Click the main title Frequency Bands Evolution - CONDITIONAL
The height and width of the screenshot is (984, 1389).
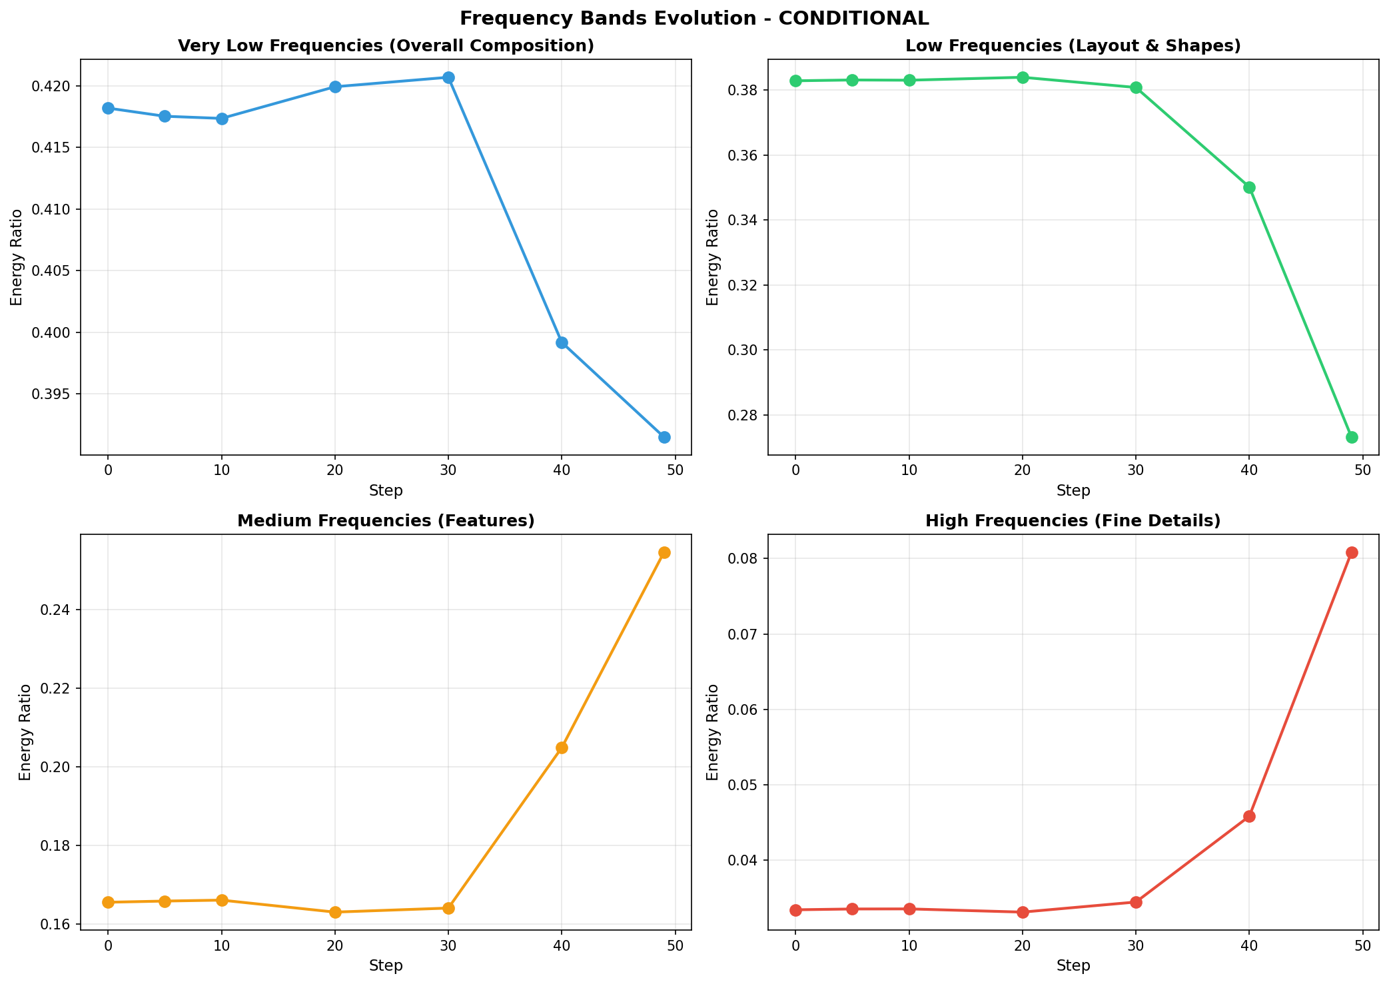tap(694, 18)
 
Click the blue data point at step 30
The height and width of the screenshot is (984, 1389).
tap(448, 77)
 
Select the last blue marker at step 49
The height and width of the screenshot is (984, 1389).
tap(664, 437)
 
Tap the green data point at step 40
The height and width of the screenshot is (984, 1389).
tap(1249, 187)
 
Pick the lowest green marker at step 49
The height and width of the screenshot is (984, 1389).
tap(1352, 437)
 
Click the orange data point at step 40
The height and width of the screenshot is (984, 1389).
tap(562, 747)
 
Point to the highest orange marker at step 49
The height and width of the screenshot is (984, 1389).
tap(664, 552)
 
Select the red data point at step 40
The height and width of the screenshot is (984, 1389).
tap(1249, 816)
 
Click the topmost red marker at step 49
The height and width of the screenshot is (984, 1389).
tap(1352, 552)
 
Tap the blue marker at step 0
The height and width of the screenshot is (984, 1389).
tap(108, 108)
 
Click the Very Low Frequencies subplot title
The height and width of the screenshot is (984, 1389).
tap(386, 46)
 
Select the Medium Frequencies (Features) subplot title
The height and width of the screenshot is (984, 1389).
tap(386, 521)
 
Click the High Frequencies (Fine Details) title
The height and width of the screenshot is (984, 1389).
tap(1073, 521)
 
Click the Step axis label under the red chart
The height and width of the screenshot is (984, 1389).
tap(1073, 965)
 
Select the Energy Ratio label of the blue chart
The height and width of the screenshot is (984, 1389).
tap(17, 257)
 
